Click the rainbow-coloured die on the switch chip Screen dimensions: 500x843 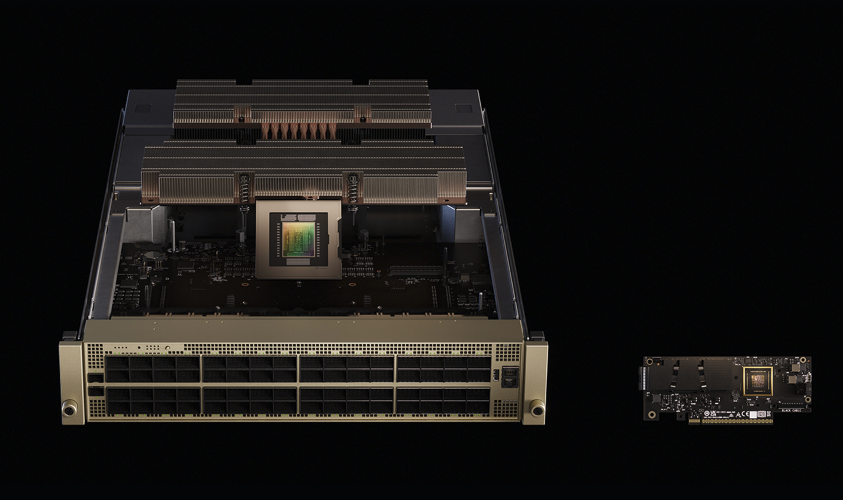pos(299,240)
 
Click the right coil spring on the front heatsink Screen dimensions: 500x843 pos(353,189)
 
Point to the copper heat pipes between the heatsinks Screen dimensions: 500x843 pos(299,131)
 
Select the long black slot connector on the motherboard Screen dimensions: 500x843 pos(415,270)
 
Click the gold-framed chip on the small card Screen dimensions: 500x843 pos(758,381)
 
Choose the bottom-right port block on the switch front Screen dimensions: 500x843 pos(444,401)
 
